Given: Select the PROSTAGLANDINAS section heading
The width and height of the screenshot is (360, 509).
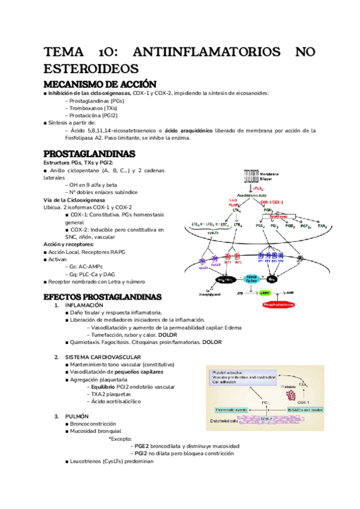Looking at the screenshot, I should click(89, 154).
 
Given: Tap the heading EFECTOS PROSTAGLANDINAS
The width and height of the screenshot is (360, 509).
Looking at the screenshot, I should click(103, 297).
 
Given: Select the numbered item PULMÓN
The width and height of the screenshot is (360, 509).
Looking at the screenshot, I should click(77, 416).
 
